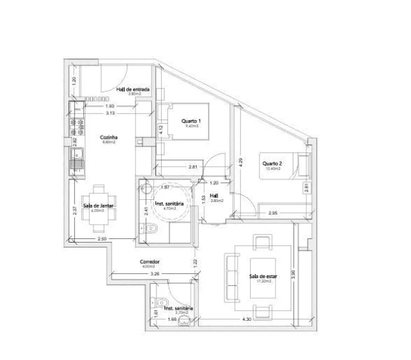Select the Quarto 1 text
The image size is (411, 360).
(191, 121)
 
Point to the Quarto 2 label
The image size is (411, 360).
(271, 164)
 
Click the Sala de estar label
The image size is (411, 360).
(261, 276)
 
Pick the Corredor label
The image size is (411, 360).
(150, 261)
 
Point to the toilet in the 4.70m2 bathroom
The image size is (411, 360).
(148, 228)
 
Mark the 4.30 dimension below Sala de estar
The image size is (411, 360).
(246, 320)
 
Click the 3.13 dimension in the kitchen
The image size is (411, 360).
(110, 113)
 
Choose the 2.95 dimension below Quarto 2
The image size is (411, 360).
(272, 213)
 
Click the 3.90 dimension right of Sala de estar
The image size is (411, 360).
(291, 274)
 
